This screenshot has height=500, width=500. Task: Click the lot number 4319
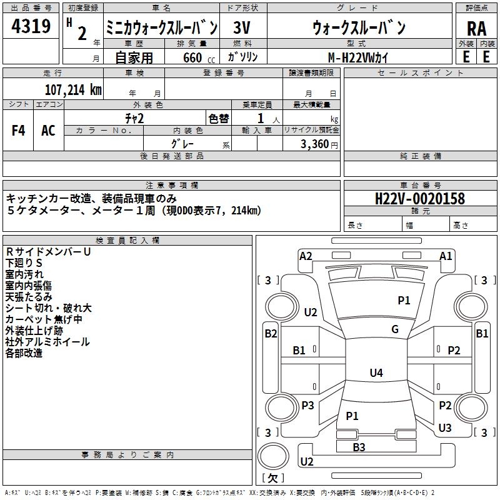click(31, 26)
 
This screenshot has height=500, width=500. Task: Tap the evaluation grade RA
click(476, 29)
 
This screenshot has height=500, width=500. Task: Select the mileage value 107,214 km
click(73, 90)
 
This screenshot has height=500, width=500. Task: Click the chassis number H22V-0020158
click(420, 199)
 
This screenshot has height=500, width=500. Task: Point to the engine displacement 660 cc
click(199, 58)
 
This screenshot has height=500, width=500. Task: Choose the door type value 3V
click(242, 27)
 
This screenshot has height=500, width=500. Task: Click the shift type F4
click(18, 131)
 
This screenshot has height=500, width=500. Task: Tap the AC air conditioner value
click(48, 131)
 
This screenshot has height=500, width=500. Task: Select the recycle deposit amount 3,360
click(315, 144)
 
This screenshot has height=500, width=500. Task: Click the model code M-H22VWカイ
click(358, 57)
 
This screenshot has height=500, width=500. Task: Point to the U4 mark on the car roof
click(376, 372)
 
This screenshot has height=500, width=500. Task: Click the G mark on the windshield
click(395, 329)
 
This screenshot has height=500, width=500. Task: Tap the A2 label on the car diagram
click(306, 256)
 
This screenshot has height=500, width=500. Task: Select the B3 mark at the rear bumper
click(359, 447)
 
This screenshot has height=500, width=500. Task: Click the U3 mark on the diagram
click(445, 427)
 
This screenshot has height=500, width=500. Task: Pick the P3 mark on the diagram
click(307, 405)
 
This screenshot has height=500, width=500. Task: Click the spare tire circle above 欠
click(273, 456)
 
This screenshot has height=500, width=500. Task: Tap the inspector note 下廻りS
click(24, 263)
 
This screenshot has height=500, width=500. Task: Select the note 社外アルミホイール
click(47, 342)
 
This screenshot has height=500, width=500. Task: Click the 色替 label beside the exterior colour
click(219, 119)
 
